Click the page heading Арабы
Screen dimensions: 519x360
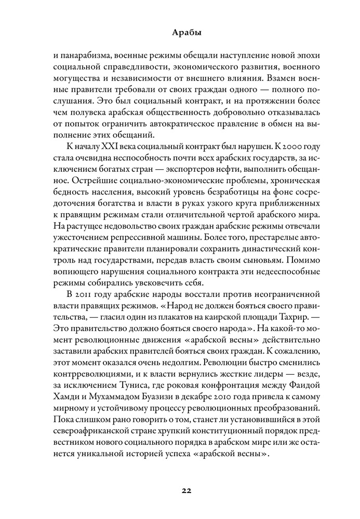[x=180, y=33]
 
